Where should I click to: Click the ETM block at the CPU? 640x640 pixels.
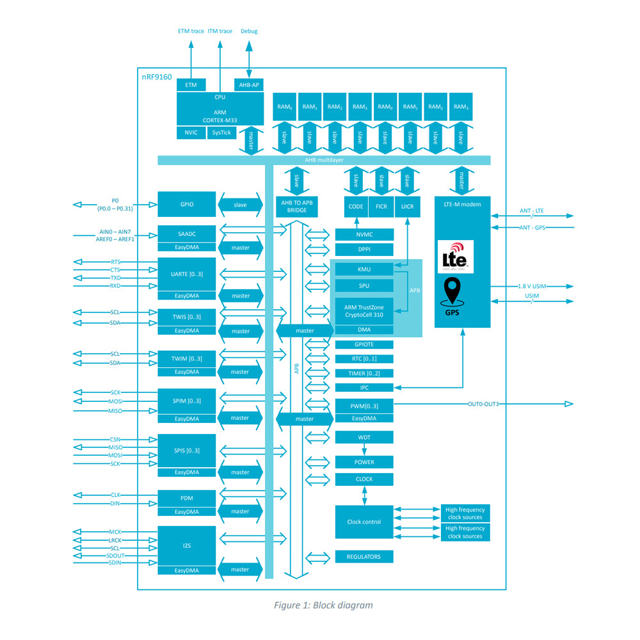tap(191, 84)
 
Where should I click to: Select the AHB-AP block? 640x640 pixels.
tap(250, 84)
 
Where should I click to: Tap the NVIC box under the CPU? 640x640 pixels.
tap(191, 132)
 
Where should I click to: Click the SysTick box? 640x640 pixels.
tap(221, 132)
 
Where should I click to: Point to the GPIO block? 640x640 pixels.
tap(186, 204)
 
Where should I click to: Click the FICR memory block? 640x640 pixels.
tap(381, 206)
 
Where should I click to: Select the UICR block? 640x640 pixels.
tap(406, 206)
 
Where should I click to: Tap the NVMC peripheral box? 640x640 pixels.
tap(364, 234)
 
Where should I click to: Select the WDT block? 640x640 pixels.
tap(364, 437)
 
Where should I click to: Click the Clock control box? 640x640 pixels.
tap(364, 522)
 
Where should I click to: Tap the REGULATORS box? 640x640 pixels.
tap(364, 557)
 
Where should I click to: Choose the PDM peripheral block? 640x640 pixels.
tap(186, 497)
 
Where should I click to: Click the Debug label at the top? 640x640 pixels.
tap(249, 31)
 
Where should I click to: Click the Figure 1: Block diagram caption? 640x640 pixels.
tap(323, 605)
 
